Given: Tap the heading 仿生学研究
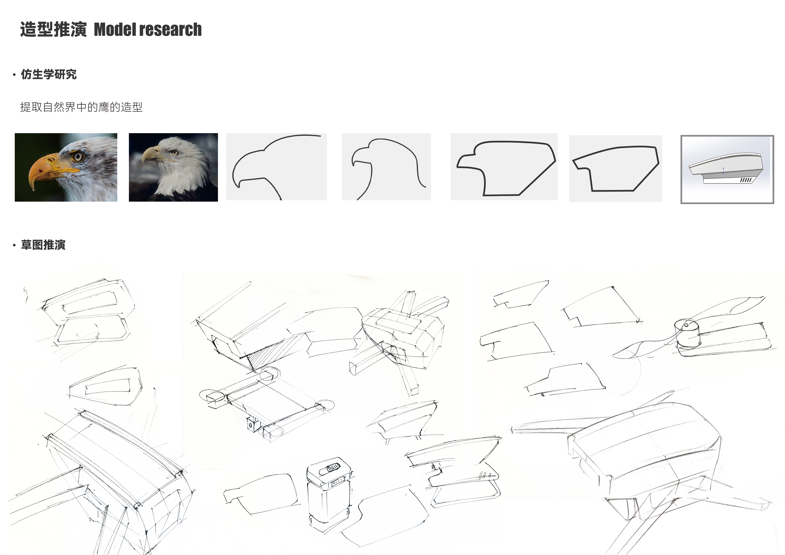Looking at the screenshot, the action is pyautogui.click(x=49, y=74).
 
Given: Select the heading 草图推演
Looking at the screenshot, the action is pyautogui.click(x=43, y=245).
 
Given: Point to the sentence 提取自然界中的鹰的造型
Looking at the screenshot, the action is pyautogui.click(x=81, y=107).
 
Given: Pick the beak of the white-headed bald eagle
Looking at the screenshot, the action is pyautogui.click(x=150, y=154).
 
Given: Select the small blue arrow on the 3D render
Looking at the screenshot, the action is pyautogui.click(x=723, y=170).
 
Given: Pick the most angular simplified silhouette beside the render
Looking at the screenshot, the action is pyautogui.click(x=615, y=168).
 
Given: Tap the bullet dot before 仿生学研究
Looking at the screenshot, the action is pyautogui.click(x=14, y=75).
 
